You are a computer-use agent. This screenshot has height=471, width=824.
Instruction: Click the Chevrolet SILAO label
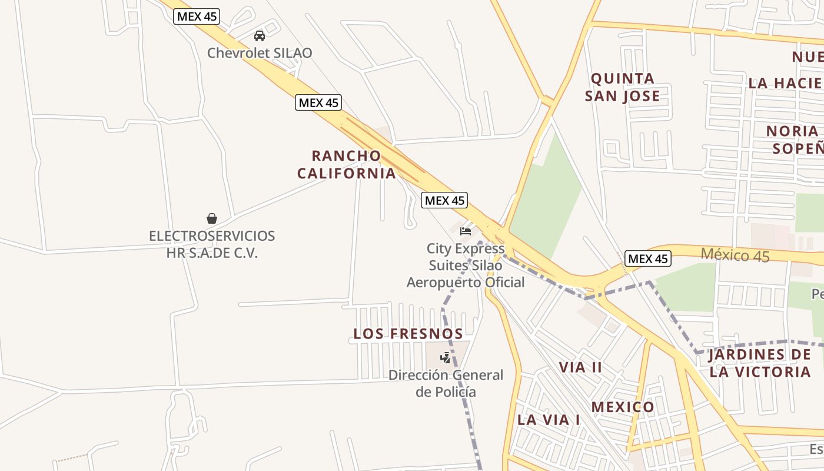pyautogui.click(x=260, y=53)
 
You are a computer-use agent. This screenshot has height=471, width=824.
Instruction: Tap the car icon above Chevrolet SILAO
pyautogui.click(x=260, y=36)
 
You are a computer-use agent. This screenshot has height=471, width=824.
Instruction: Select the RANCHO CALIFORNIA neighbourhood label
pyautogui.click(x=346, y=164)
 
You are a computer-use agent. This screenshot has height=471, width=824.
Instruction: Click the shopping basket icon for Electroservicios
pyautogui.click(x=212, y=218)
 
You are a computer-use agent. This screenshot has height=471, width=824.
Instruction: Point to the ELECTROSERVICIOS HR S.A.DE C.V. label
pyautogui.click(x=212, y=244)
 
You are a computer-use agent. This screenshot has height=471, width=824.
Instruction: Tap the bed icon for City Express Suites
pyautogui.click(x=466, y=231)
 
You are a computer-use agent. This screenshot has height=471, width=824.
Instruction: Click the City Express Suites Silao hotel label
pyautogui.click(x=466, y=266)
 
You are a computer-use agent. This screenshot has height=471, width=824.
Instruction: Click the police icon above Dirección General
pyautogui.click(x=446, y=357)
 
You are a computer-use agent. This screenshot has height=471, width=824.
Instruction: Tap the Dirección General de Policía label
pyautogui.click(x=446, y=383)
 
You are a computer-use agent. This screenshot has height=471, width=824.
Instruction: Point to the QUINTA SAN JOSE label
pyautogui.click(x=623, y=87)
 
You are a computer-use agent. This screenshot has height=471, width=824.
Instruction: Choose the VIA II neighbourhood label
pyautogui.click(x=580, y=367)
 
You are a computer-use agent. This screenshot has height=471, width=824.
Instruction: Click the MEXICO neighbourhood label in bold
pyautogui.click(x=623, y=407)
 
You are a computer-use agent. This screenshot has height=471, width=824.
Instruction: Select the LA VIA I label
pyautogui.click(x=549, y=420)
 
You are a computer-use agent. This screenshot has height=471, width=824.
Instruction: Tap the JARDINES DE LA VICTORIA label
pyautogui.click(x=759, y=363)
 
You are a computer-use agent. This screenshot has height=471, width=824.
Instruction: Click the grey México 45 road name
pyautogui.click(x=735, y=256)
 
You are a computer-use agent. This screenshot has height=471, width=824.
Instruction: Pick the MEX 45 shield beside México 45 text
pyautogui.click(x=648, y=258)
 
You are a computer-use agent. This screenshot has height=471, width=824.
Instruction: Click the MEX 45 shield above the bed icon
pyautogui.click(x=445, y=200)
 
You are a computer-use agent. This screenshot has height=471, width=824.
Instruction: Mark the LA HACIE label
pyautogui.click(x=785, y=83)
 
